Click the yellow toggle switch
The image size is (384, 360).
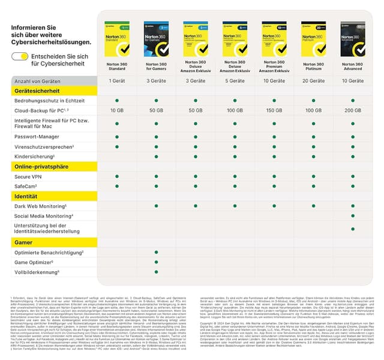(x=20, y=56)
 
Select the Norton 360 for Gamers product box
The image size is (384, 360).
(x=156, y=39)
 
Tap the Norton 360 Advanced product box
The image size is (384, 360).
(x=353, y=39)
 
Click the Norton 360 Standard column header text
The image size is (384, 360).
(x=116, y=66)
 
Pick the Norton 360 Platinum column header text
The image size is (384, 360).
(x=313, y=66)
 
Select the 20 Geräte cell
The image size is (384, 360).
(x=313, y=80)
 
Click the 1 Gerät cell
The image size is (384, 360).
(x=116, y=80)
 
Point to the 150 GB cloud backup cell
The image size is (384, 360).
(x=274, y=110)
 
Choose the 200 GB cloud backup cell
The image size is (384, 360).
(x=353, y=110)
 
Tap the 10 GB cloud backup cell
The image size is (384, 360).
(x=116, y=110)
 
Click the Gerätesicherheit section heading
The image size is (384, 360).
(x=37, y=91)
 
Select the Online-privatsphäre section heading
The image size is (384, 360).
(x=40, y=166)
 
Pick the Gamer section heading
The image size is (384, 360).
(x=24, y=242)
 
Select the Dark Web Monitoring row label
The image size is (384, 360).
(x=41, y=206)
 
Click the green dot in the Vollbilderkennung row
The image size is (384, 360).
(x=156, y=272)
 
